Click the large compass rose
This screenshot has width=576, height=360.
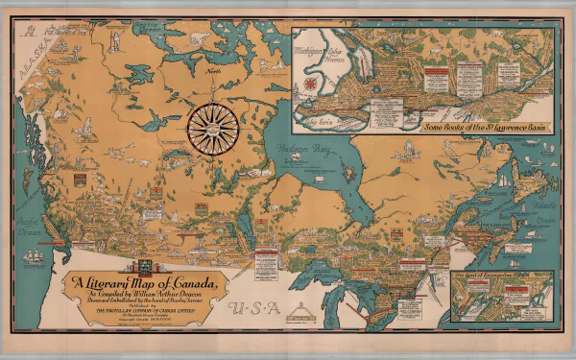pyautogui.click(x=214, y=127)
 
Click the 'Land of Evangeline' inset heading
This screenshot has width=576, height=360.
pyautogui.click(x=489, y=276)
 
